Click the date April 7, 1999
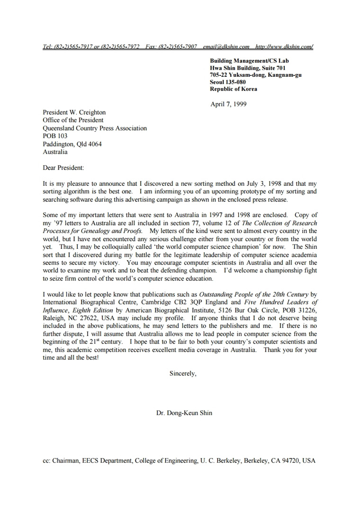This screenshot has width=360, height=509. [228, 104]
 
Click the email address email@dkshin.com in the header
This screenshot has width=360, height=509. [226, 47]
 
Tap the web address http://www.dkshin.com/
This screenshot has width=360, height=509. [284, 47]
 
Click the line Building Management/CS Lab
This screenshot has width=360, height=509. [249, 61]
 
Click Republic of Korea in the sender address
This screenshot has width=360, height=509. [234, 89]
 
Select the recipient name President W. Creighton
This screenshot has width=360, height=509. [74, 112]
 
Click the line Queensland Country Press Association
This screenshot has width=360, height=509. [95, 128]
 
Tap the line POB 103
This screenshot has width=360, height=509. [55, 136]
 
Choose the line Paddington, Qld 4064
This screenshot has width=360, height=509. [72, 144]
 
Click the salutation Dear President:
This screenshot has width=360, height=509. [63, 168]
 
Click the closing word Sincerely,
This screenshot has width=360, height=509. [183, 373]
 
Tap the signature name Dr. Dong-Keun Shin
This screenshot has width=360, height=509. [184, 413]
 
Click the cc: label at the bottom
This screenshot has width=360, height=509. [46, 460]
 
